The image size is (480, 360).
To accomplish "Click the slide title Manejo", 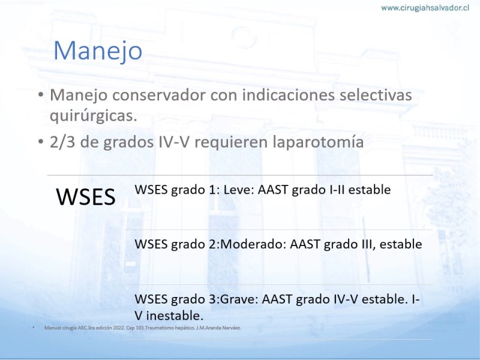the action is click(98, 51).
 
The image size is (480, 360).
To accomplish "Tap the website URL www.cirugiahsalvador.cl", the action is click(425, 8).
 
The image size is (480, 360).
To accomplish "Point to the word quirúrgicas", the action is click(93, 116).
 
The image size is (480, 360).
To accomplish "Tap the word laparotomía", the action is click(318, 142).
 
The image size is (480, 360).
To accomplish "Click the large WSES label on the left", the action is click(86, 197).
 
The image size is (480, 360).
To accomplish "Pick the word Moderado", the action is click(253, 244).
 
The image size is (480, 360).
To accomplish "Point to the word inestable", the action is click(175, 316).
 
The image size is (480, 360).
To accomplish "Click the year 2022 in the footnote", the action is click(118, 328).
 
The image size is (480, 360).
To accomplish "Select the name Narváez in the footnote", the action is click(233, 328).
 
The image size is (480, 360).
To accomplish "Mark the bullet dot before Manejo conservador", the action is click(41, 95).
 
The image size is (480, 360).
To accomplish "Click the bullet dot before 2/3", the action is click(41, 142).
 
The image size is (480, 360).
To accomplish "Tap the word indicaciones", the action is click(288, 95).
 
